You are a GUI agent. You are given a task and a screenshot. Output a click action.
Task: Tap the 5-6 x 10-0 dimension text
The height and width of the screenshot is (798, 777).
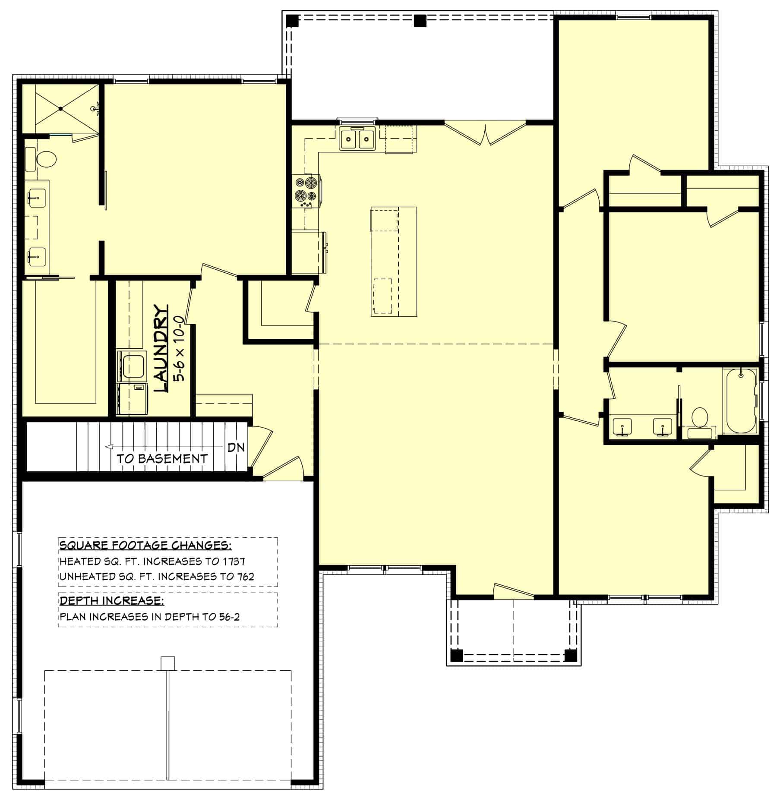tap(179, 349)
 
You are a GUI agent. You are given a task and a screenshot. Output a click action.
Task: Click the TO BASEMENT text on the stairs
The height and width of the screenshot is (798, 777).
tap(162, 459)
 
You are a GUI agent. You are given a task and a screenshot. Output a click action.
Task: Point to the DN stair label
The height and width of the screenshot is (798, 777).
tap(236, 447)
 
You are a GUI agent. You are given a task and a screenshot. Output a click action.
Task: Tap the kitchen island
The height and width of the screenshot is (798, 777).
tap(393, 262)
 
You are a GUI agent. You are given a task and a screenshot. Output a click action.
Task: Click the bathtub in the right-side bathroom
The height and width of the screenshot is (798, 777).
tap(740, 401)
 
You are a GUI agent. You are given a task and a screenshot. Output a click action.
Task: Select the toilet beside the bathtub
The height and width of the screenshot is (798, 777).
tap(699, 421)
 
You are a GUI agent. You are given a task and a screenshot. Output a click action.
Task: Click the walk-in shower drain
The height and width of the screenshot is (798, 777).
tap(61, 109)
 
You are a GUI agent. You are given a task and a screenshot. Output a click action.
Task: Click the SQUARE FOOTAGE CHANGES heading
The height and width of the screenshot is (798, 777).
tap(145, 546)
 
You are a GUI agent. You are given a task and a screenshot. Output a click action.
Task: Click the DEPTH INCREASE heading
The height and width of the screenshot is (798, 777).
tap(112, 601)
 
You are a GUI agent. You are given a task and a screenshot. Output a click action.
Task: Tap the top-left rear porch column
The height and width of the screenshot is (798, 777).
tap(292, 21)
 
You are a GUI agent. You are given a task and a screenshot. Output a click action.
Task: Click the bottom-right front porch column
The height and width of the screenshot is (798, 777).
tap(570, 656)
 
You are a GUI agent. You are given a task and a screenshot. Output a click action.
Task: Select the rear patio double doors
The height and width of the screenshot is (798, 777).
tap(486, 134)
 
